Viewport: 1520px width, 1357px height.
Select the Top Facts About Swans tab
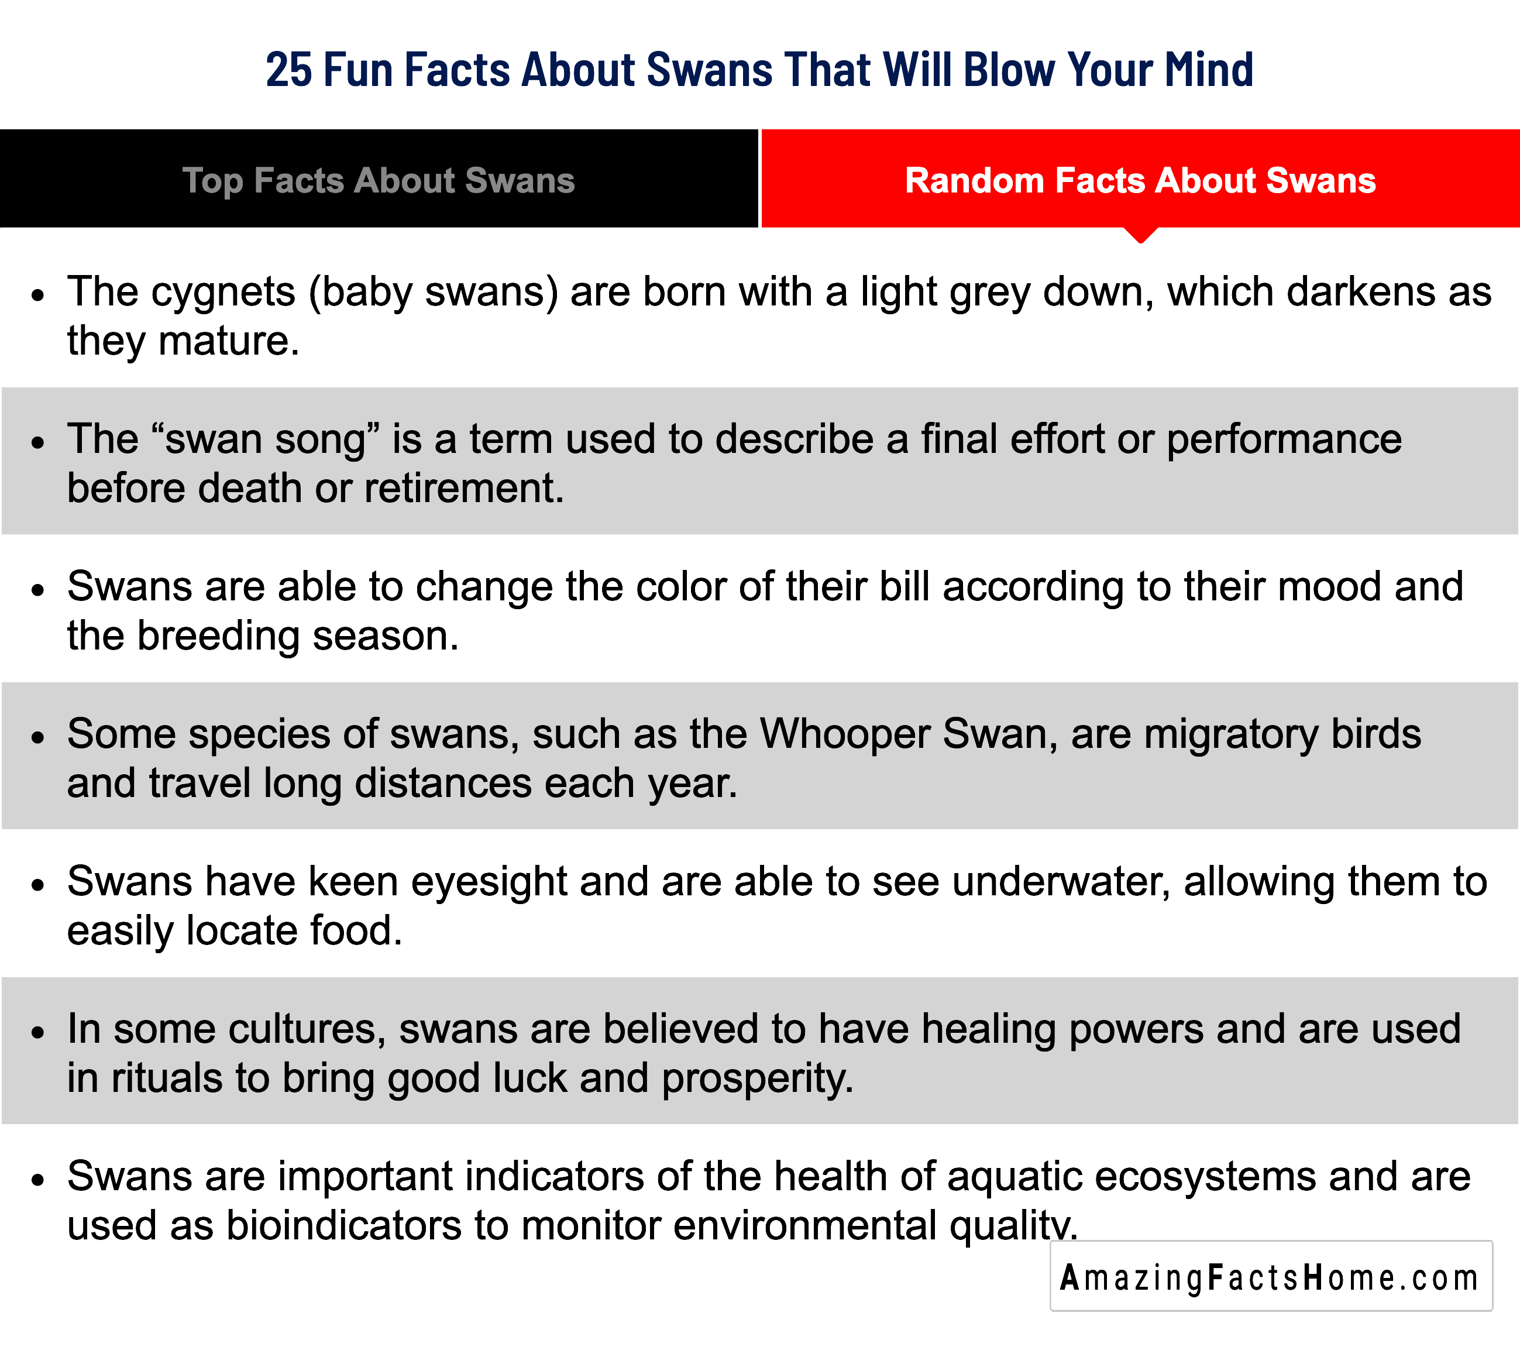379,179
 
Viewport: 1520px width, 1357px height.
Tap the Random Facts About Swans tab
1140,179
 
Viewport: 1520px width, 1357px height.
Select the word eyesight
489,882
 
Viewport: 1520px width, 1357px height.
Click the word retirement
464,489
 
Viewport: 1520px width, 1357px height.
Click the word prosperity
758,1080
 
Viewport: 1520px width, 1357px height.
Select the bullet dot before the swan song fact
39,442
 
